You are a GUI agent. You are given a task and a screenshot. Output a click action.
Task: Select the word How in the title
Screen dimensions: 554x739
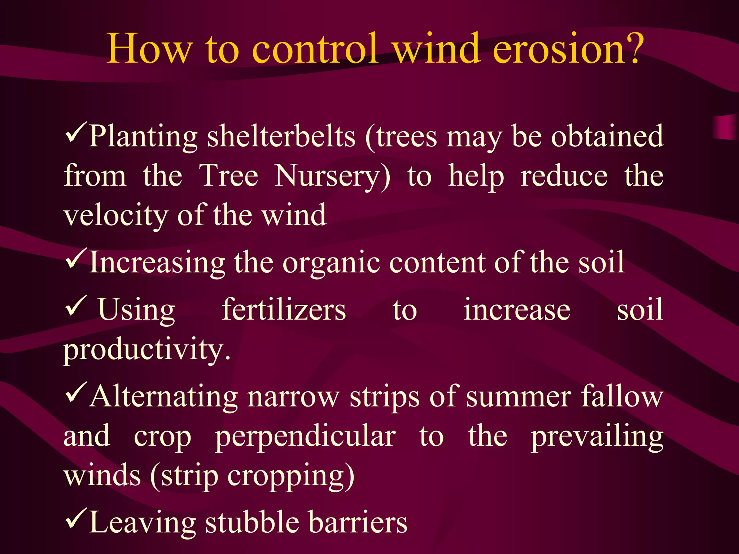tap(149, 49)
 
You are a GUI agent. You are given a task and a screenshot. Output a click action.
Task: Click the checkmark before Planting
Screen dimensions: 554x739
tap(76, 133)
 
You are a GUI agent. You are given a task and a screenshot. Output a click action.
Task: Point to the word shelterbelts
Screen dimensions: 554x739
tap(281, 137)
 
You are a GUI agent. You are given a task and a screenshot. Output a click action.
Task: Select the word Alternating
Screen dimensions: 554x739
tap(164, 397)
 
